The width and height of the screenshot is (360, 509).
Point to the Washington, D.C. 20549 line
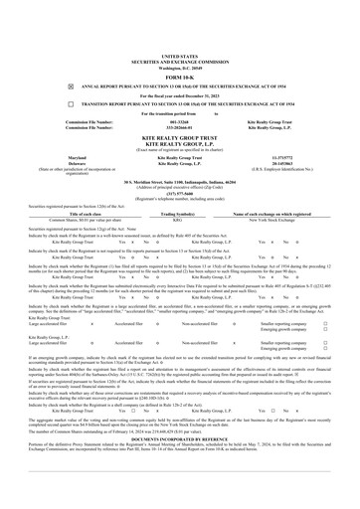pos(179,38)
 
